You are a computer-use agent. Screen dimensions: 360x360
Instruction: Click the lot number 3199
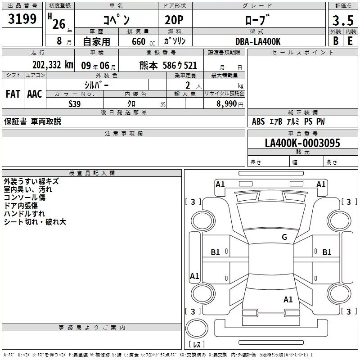(23, 19)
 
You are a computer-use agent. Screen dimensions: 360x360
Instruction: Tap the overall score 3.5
(342, 20)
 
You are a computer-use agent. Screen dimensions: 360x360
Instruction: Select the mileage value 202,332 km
(53, 65)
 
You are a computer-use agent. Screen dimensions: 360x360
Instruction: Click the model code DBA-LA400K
(258, 41)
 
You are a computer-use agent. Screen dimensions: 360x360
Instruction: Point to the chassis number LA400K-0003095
(302, 144)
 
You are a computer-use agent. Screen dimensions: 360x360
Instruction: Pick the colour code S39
(75, 103)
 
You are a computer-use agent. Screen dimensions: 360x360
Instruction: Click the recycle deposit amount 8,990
(224, 103)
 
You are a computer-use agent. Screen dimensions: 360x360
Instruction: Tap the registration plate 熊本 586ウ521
(168, 65)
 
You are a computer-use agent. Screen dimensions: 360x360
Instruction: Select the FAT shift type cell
(13, 94)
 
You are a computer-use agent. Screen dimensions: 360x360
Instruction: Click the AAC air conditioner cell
(35, 94)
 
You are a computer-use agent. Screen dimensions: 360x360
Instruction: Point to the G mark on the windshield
(284, 237)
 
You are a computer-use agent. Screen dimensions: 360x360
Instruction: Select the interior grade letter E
(350, 41)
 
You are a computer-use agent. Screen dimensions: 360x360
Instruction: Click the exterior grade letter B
(335, 41)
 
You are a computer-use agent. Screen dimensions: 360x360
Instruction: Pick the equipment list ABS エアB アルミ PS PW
(288, 121)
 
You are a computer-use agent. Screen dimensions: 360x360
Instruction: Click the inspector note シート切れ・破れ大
(35, 222)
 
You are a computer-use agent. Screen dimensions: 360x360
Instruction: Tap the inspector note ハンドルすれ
(24, 214)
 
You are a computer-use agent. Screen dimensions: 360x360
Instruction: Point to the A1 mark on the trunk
(288, 299)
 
